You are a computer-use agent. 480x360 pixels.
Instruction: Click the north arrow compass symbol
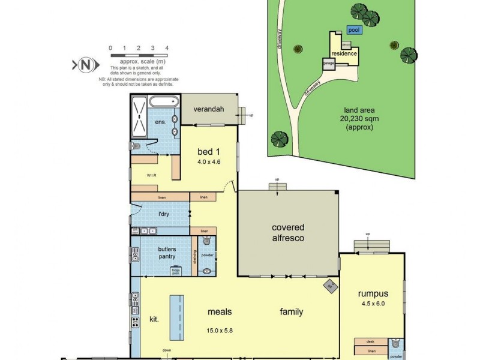click(83, 65)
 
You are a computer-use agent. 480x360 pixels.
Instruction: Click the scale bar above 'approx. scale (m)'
click(138, 55)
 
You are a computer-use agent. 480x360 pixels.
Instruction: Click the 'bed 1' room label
click(209, 151)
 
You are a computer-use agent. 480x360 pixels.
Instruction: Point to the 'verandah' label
click(208, 109)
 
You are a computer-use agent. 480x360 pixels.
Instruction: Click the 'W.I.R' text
click(152, 176)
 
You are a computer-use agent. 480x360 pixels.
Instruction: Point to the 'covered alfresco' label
click(288, 233)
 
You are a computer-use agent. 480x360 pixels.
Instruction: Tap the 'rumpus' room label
click(373, 294)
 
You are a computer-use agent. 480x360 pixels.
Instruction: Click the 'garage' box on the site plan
click(329, 63)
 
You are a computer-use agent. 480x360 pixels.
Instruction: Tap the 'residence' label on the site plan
click(345, 53)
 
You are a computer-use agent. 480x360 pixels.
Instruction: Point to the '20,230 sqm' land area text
click(359, 119)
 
